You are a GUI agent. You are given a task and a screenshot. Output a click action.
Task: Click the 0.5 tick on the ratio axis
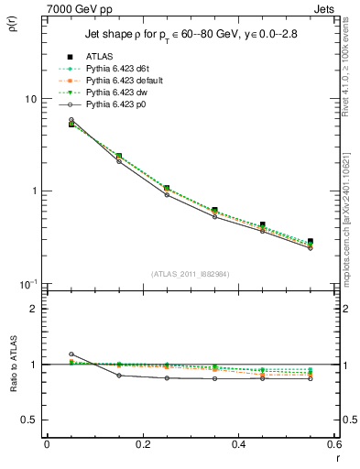tap(27, 420)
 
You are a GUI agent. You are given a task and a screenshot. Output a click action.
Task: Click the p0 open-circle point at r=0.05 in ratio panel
tap(71, 354)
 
